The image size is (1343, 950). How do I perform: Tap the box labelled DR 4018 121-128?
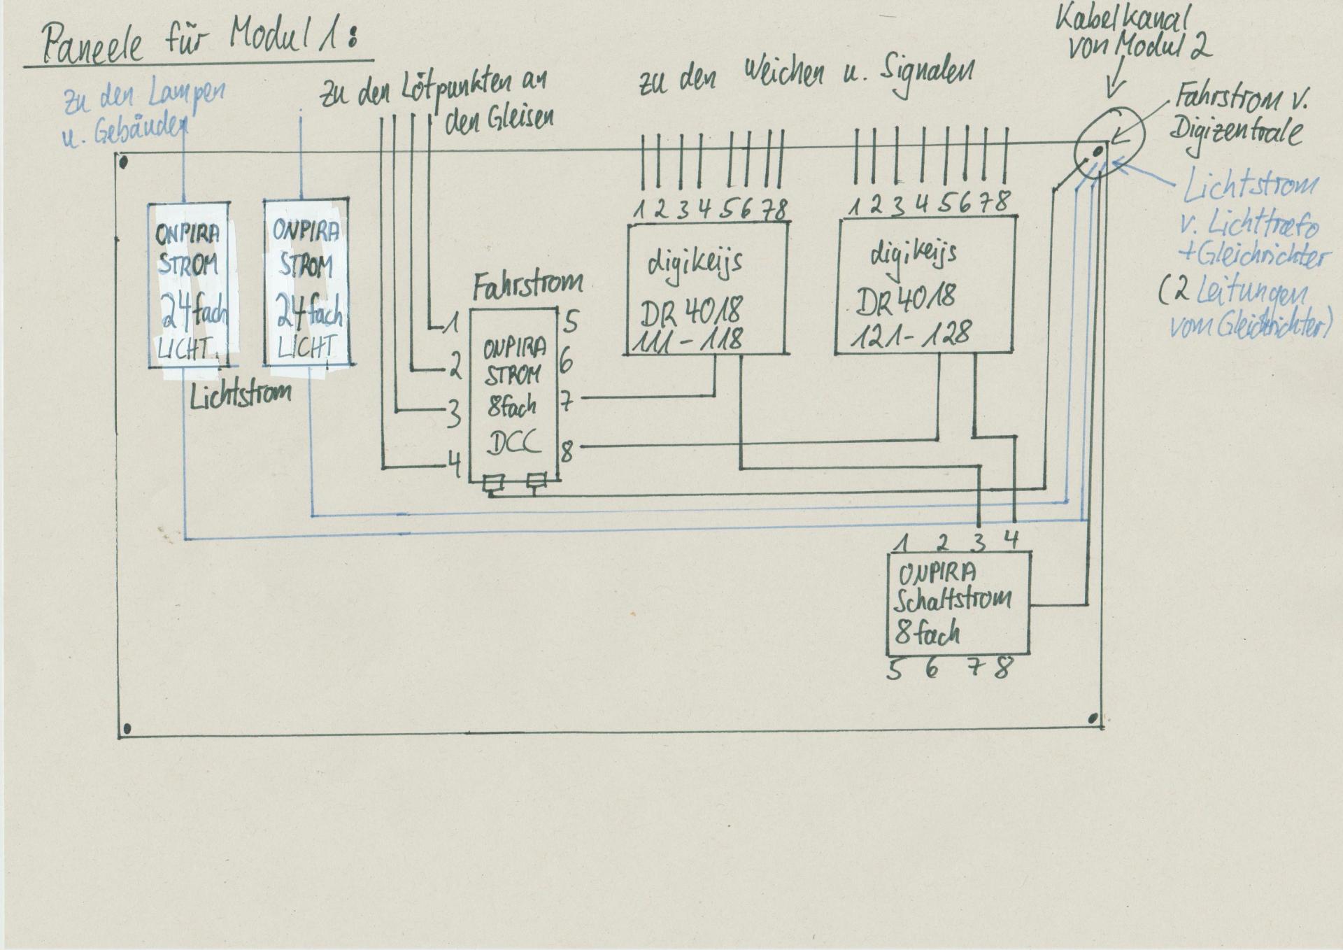coord(925,285)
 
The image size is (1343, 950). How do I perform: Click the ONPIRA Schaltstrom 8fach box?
coord(959,603)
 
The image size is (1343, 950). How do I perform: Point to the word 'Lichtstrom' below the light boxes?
coord(240,394)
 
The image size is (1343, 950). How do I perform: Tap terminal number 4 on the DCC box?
coord(455,465)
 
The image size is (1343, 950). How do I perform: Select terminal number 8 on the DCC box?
coord(567,451)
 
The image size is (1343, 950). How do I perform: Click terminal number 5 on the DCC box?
coord(571,322)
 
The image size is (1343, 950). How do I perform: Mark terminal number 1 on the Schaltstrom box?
coord(904,541)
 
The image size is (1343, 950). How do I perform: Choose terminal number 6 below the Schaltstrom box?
coord(932,669)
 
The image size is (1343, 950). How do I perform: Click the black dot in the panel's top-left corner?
coord(124,164)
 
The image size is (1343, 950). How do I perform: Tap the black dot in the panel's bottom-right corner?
coord(1094,718)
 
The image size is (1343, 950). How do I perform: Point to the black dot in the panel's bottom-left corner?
coord(127,730)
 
